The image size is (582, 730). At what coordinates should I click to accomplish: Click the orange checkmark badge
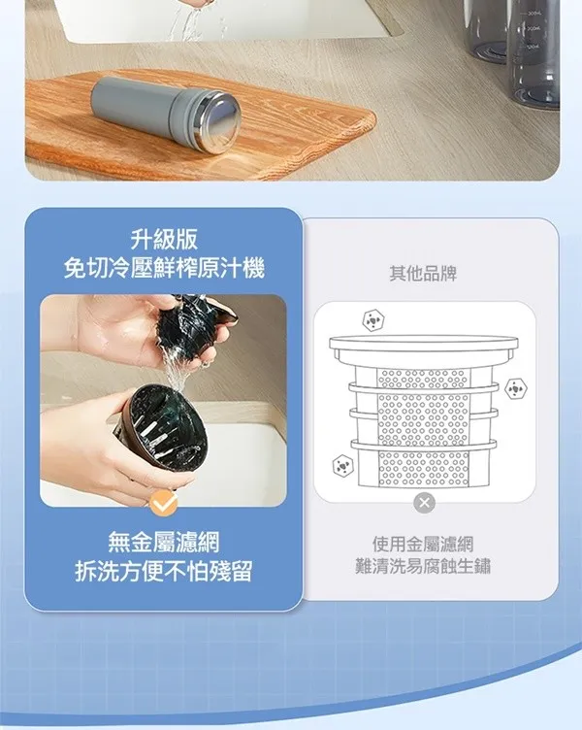click(164, 504)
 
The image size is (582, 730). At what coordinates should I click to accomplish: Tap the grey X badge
click(424, 503)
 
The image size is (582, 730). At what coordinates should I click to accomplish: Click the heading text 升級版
click(164, 240)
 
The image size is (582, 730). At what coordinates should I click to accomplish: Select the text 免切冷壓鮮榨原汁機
click(164, 269)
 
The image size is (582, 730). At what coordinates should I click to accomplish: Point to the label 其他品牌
click(423, 274)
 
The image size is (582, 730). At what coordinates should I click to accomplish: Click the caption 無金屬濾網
click(164, 543)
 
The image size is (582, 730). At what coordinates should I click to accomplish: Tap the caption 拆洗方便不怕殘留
click(164, 571)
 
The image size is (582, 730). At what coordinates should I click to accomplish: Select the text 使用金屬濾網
click(423, 544)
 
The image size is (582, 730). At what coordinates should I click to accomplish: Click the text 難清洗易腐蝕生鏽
click(423, 566)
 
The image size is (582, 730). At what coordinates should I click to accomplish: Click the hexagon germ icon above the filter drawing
click(373, 320)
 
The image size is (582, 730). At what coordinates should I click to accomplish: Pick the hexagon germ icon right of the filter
click(515, 388)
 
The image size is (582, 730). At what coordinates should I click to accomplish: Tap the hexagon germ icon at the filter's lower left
click(342, 465)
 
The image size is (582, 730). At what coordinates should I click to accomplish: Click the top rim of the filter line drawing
click(423, 345)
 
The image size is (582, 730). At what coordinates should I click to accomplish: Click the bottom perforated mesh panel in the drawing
click(423, 468)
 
